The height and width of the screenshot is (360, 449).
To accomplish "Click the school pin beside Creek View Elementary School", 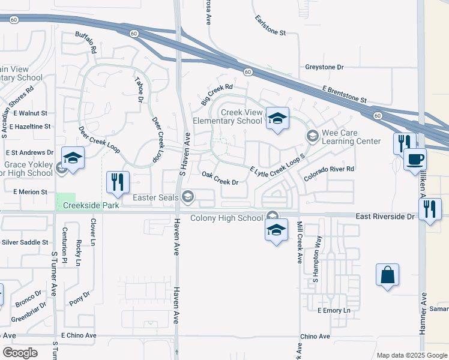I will pyautogui.click(x=277, y=118).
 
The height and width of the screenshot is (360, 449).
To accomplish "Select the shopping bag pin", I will pyautogui.click(x=388, y=275).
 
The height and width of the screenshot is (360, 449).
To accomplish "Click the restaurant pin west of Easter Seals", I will pyautogui.click(x=118, y=182).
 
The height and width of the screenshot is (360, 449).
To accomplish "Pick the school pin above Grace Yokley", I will pyautogui.click(x=73, y=158).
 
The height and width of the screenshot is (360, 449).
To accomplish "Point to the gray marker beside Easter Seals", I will pyautogui.click(x=188, y=196).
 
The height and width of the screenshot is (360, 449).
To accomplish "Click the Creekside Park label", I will pyautogui.click(x=89, y=205).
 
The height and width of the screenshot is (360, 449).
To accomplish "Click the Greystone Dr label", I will pyautogui.click(x=324, y=67).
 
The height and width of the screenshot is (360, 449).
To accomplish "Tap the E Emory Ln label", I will pyautogui.click(x=333, y=310).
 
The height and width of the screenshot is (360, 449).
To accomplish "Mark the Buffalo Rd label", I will pyautogui.click(x=86, y=43).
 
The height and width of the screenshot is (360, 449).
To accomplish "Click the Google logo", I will pyautogui.click(x=20, y=353).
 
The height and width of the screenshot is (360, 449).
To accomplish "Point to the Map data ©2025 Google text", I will pyautogui.click(x=411, y=355).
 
